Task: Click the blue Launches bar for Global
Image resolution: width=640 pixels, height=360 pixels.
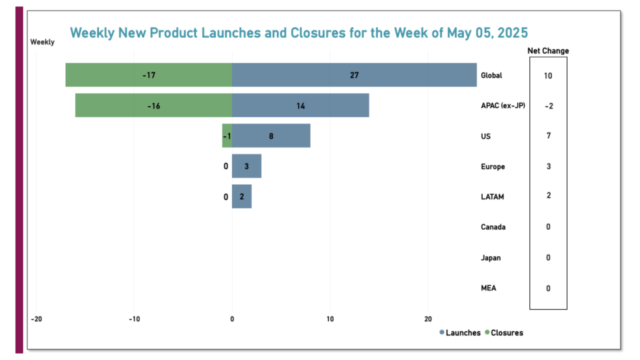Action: (354, 75)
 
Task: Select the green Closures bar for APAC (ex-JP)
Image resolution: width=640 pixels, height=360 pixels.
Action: (153, 105)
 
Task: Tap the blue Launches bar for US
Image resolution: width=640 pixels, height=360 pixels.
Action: (271, 135)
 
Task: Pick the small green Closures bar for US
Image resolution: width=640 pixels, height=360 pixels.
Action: (227, 135)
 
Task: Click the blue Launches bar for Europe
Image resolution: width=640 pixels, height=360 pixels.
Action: (246, 166)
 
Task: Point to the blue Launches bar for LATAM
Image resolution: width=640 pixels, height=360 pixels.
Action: (241, 196)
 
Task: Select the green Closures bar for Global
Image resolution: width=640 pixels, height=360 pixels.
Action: (148, 75)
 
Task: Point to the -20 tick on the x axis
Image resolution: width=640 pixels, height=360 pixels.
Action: (36, 319)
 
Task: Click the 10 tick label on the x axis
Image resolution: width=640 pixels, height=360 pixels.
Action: (330, 319)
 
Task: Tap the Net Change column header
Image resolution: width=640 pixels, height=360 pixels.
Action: (548, 50)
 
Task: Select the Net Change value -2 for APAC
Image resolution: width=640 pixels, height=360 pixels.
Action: (548, 106)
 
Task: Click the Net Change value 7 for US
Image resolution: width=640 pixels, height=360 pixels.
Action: (548, 135)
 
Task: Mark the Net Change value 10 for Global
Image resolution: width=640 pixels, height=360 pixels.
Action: (548, 75)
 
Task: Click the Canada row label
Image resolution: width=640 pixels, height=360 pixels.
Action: (493, 227)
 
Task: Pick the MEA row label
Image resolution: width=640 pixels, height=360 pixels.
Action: (488, 288)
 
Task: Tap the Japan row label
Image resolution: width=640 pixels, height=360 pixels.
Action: (490, 258)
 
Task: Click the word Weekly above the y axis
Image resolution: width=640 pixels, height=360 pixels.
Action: (42, 42)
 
